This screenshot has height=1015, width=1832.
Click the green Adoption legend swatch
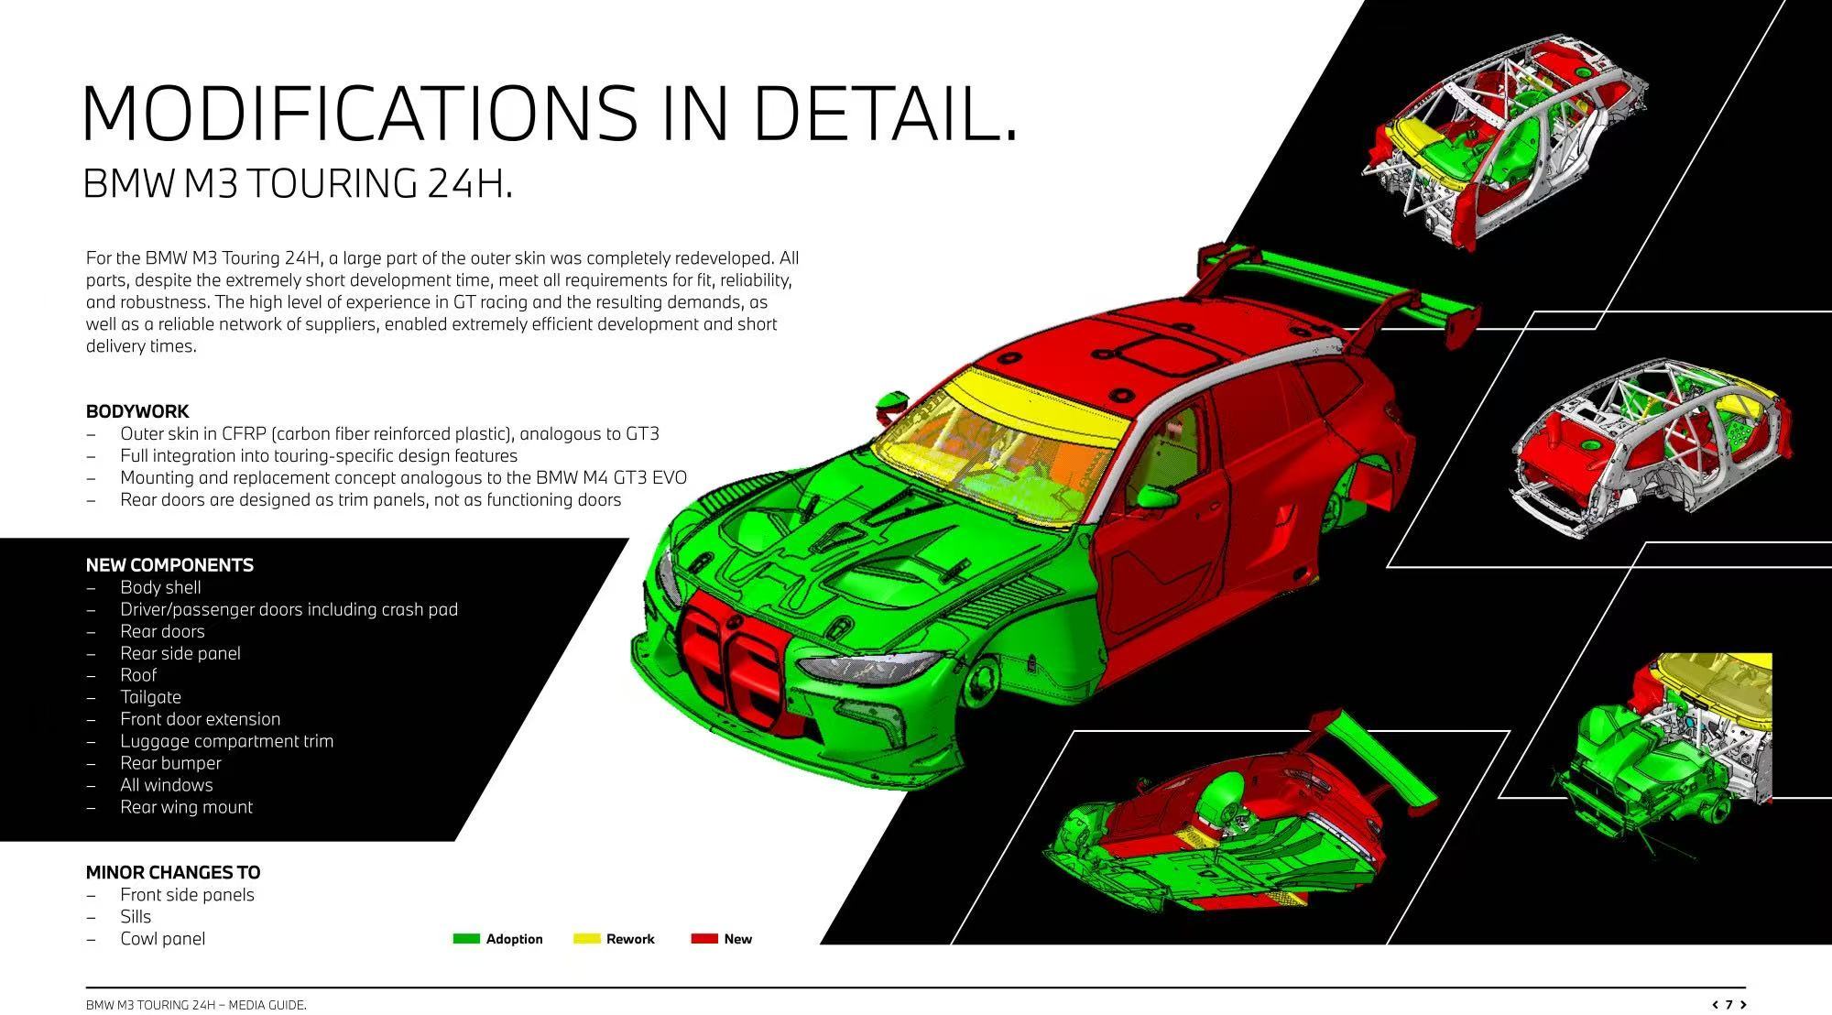pos(466,938)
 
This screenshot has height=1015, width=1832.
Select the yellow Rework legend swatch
pos(586,938)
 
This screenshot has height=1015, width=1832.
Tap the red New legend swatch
pos(703,938)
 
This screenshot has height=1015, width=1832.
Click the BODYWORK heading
pos(137,411)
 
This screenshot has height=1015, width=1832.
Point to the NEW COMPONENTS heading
pos(169,565)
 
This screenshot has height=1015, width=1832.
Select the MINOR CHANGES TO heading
pos(173,872)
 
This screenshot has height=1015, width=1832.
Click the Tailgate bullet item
pos(150,697)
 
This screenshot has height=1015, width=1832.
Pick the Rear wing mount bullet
pos(186,807)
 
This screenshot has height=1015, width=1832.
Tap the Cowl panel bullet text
pos(162,939)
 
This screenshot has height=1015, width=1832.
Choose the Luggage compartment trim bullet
pos(226,741)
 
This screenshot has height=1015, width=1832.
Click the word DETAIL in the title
pos(884,114)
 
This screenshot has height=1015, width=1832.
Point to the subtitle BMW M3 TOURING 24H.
pos(298,183)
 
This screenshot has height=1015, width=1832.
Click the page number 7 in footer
pos(1728,1005)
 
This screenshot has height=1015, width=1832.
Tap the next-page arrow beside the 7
pos(1742,1005)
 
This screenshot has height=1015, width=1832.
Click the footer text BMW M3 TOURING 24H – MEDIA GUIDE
pos(196,1005)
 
